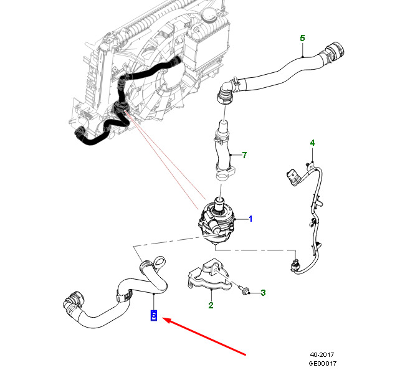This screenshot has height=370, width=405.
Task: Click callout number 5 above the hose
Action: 302,38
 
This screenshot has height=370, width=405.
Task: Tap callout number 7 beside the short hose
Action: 245,154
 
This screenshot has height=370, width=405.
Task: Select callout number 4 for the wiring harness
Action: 312,143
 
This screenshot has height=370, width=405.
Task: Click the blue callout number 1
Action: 250,219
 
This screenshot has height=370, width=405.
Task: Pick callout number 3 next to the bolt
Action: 263,292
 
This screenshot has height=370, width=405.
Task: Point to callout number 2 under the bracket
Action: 211,305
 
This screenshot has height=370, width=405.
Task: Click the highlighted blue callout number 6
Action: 153,315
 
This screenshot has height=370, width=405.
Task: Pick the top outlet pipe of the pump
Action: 220,202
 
